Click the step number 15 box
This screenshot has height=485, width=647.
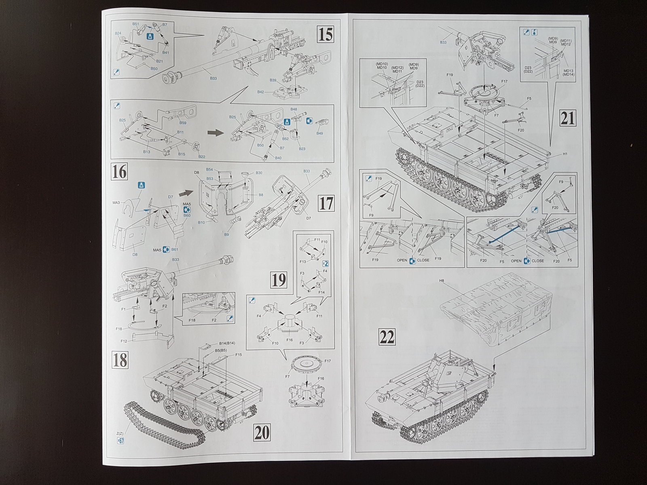coord(325,34)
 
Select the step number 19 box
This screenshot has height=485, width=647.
coord(279,279)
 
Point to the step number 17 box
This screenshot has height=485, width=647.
coord(326,203)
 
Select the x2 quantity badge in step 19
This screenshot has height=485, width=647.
coord(326,264)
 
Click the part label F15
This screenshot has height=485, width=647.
coord(238,354)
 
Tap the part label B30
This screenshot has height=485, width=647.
coord(259,173)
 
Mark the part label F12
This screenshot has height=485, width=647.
coord(124,341)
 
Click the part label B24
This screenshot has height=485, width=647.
coord(118,33)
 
